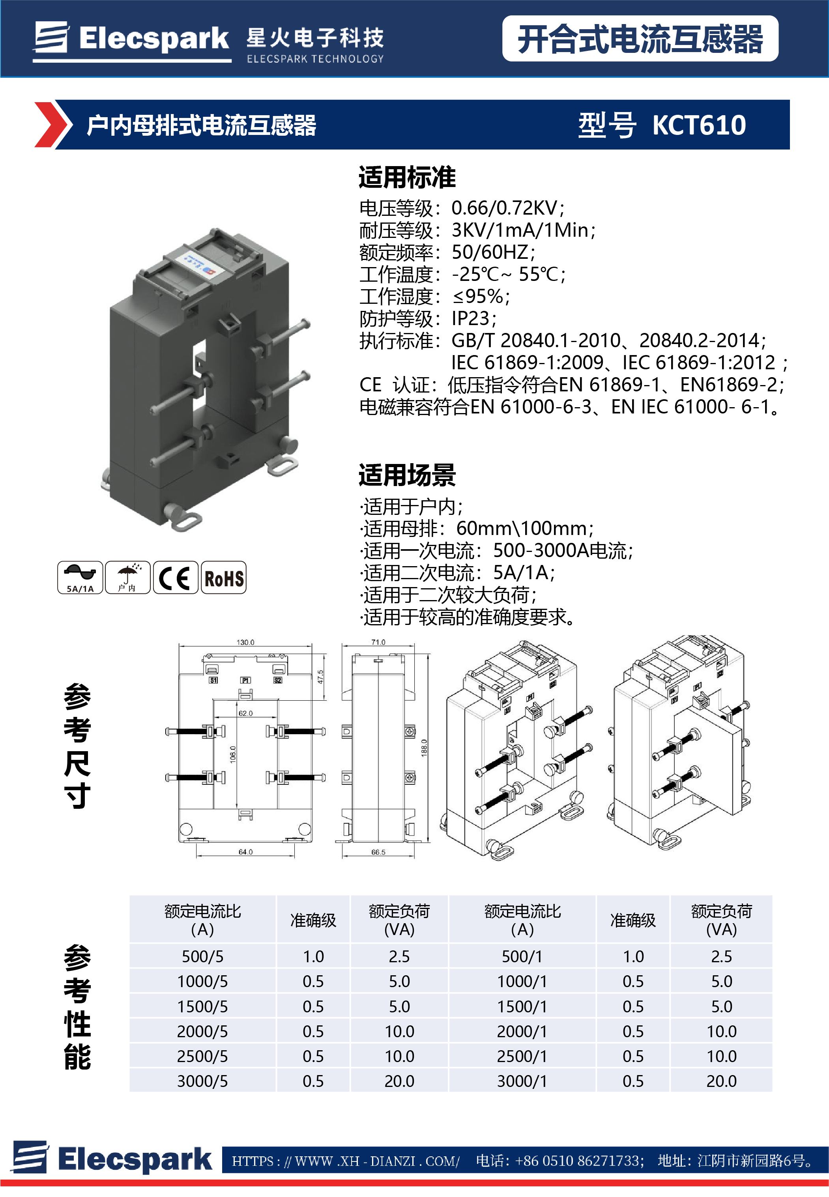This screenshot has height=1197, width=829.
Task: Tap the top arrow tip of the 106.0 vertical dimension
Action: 237,701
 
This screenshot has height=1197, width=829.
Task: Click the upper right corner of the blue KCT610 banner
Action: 790,100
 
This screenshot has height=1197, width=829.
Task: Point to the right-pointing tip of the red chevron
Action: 67,125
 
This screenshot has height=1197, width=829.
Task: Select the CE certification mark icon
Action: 175,578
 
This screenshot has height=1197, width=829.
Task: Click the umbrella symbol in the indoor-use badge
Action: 127,573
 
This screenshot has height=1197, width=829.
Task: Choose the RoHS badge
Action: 223,578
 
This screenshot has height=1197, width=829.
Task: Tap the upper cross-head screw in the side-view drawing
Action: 410,732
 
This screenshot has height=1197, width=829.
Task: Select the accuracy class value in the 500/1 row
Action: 633,957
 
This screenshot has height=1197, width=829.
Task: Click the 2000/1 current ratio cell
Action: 522,1031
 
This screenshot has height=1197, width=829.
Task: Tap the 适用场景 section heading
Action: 407,475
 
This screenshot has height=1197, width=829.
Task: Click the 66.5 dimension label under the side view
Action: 378,852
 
